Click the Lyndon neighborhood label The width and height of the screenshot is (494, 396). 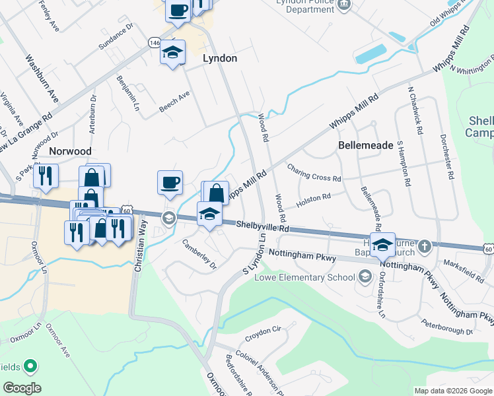[x=219, y=58]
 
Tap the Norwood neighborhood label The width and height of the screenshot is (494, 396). [x=69, y=151]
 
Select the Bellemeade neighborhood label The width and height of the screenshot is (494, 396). [x=365, y=145]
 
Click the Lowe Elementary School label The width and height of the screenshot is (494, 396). [x=305, y=277]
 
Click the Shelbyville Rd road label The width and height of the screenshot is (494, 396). [x=263, y=226]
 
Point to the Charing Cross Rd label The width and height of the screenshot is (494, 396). [x=314, y=174]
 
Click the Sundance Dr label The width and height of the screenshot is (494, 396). [x=116, y=37]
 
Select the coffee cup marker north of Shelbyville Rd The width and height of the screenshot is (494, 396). [x=170, y=182]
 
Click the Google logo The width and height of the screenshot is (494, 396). [x=21, y=388]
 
